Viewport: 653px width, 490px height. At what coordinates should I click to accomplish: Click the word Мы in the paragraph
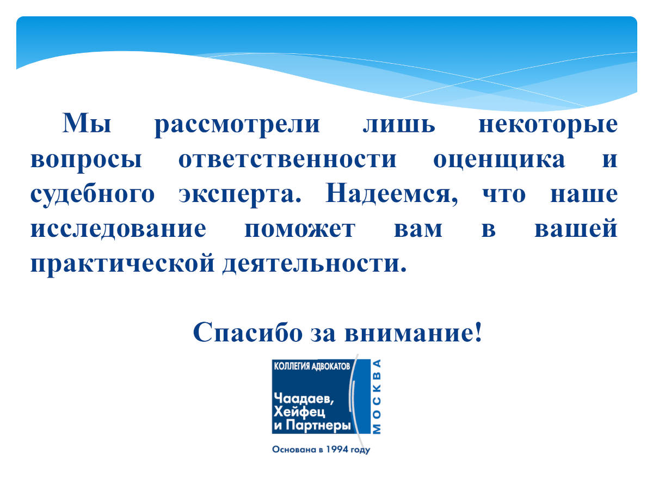pos(87,123)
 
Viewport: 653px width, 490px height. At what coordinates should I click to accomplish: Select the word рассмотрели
pos(237,125)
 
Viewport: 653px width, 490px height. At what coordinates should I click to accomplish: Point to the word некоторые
pos(548,126)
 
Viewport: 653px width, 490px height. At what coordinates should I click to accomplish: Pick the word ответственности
pos(287,160)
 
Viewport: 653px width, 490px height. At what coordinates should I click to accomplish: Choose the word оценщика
pos(499,161)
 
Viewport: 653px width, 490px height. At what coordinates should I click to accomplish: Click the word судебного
pos(93,195)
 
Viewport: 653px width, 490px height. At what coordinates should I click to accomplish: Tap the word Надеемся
pos(392,194)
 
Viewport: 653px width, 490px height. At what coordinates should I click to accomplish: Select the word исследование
pos(119,229)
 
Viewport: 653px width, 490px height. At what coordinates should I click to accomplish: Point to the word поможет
pos(300,230)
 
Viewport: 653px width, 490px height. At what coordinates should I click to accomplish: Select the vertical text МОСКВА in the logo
pos(377,396)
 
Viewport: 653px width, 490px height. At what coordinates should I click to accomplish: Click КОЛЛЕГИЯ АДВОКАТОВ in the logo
pos(312,366)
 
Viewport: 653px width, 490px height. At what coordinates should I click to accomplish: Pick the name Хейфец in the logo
pos(300,412)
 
